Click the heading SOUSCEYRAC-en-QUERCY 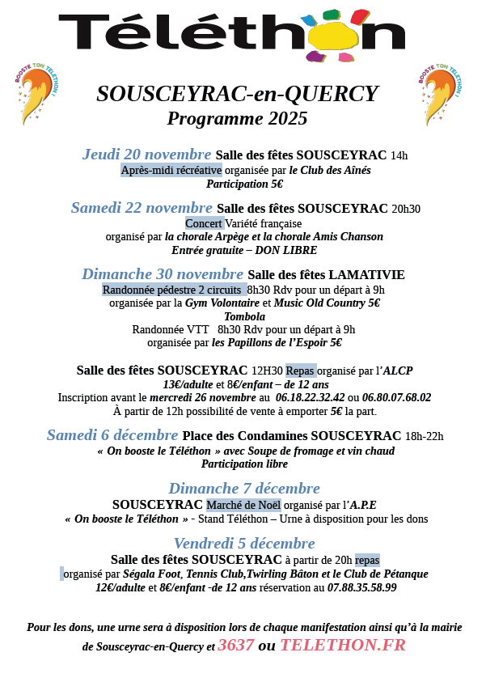237,94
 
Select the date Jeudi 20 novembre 146,155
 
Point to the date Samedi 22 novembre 142,208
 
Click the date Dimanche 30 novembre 163,274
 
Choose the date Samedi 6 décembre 112,435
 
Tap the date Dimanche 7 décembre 244,489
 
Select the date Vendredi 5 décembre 244,544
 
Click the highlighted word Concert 204,223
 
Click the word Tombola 244,316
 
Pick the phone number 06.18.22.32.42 311,398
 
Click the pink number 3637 235,646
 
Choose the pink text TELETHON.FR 342,646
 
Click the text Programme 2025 237,119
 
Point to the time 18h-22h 424,436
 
